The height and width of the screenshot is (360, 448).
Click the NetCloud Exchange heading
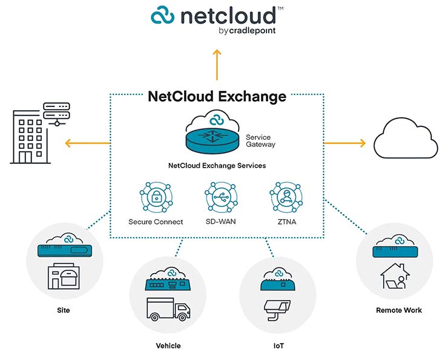217,96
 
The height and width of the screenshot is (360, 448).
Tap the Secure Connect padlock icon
156,197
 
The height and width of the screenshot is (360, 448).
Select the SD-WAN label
220,221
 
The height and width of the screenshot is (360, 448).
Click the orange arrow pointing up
217,64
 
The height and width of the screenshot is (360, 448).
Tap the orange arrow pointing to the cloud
345,143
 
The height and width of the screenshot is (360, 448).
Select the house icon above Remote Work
394,277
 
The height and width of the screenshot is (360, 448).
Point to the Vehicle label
168,346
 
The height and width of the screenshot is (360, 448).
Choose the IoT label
278,346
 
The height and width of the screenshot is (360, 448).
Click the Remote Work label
399,310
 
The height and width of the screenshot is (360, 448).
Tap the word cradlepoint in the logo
251,31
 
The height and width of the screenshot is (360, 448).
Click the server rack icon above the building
57,113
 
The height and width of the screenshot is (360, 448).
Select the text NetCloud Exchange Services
217,165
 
